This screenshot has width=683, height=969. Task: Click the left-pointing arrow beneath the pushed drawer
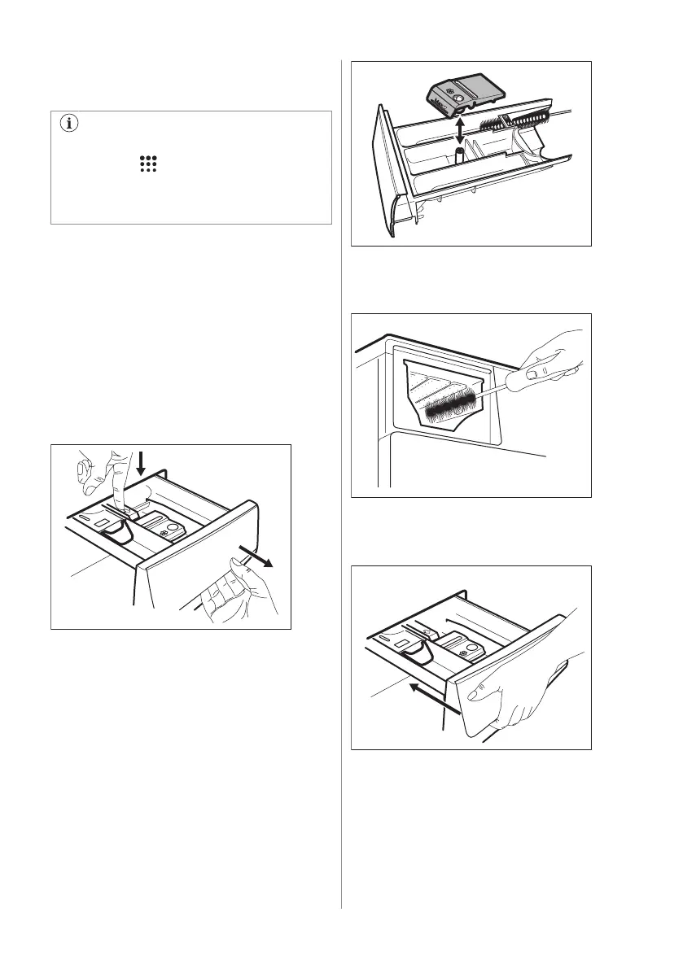431,695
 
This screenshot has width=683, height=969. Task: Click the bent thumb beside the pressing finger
82,474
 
